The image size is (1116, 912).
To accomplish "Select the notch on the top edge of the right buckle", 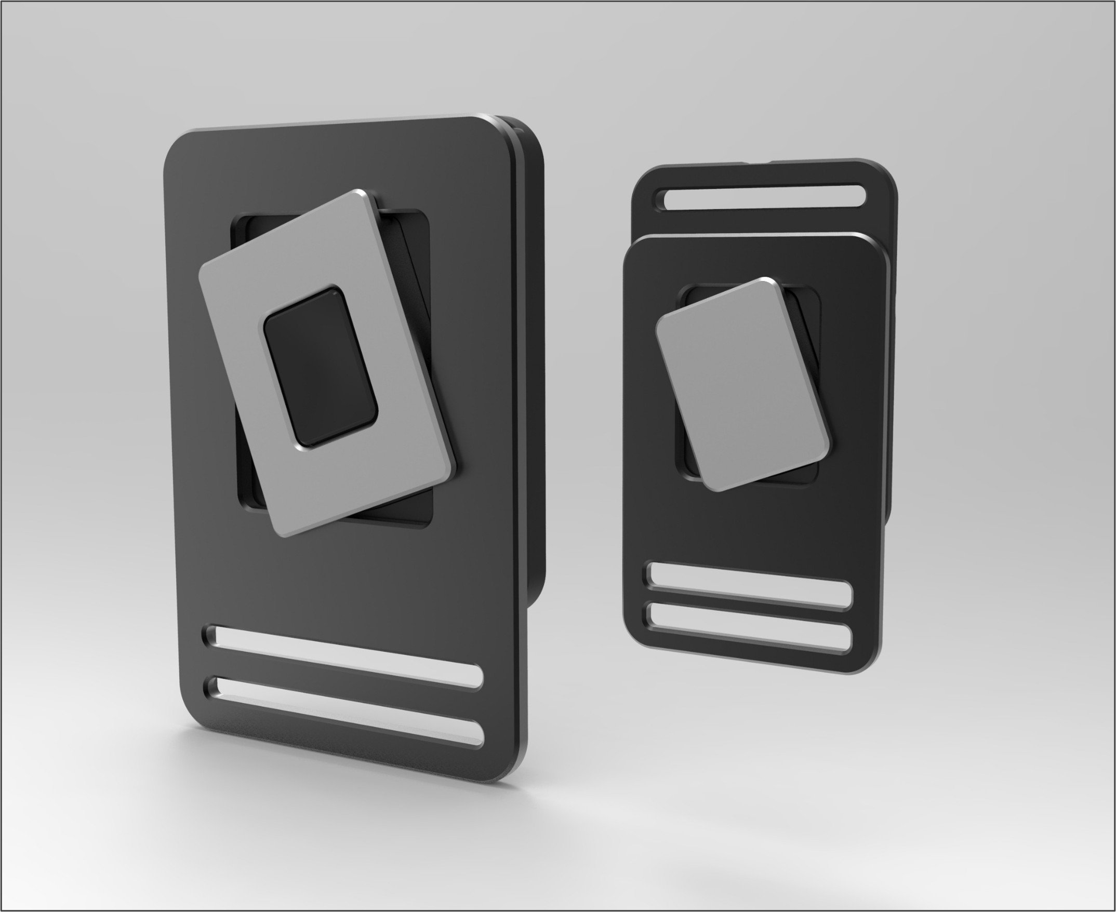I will [x=756, y=162].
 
